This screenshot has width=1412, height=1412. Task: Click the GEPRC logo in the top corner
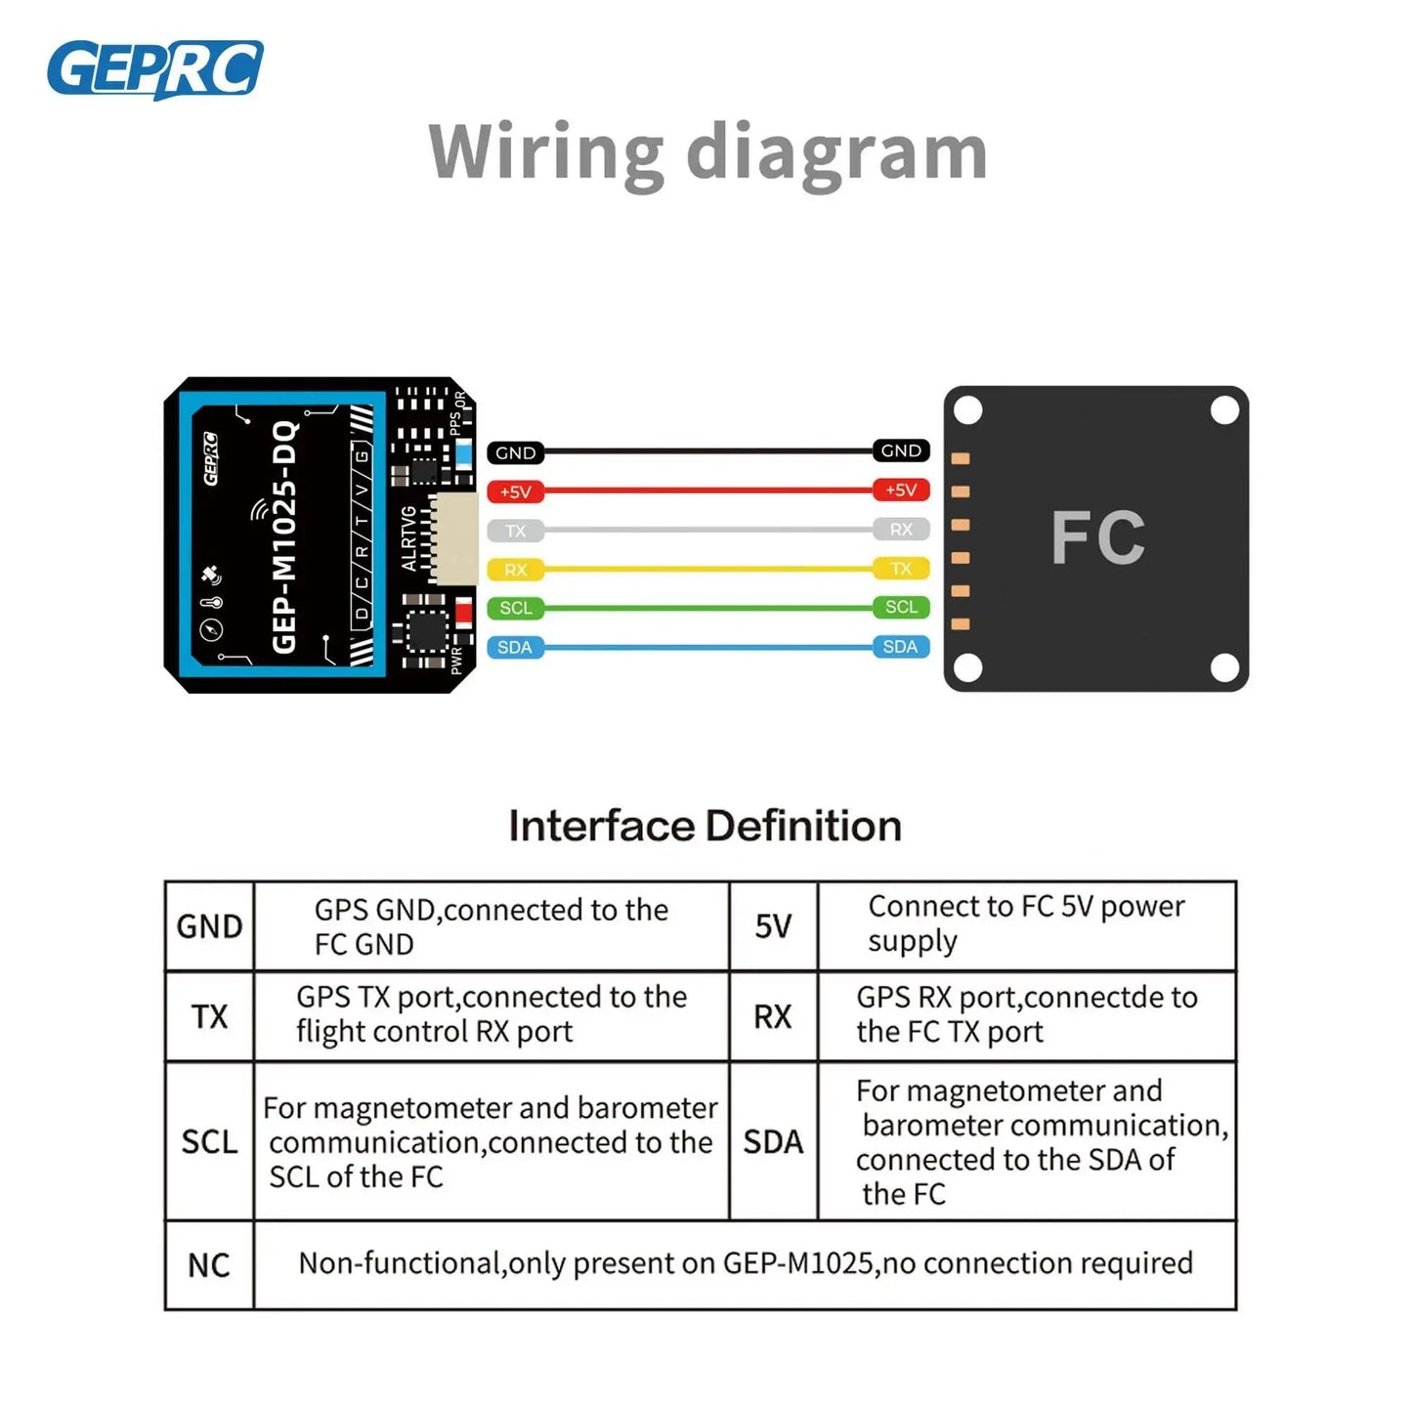point(154,69)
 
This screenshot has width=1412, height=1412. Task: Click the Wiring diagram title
point(707,151)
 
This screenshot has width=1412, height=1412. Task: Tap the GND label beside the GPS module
point(515,452)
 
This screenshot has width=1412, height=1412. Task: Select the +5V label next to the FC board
point(900,490)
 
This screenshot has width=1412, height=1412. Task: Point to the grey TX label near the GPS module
point(515,531)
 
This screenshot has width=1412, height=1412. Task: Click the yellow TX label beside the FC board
point(900,568)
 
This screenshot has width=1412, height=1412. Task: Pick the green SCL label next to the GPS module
point(515,608)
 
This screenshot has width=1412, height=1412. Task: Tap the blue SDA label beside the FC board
point(900,646)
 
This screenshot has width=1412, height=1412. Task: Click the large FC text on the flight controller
point(1097,537)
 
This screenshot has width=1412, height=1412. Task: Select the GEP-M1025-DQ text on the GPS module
point(283,536)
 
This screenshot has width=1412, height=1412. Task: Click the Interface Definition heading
point(705,826)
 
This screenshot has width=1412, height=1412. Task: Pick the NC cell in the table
point(208,1265)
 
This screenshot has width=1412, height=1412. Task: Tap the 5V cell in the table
point(773,926)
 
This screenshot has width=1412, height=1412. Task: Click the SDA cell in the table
point(773,1141)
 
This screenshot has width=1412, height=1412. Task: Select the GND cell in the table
point(209,926)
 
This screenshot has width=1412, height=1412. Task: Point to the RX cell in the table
point(773,1016)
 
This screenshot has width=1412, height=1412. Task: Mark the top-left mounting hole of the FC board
point(967,410)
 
